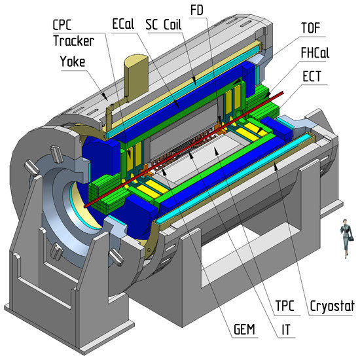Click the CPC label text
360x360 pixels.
click(62, 25)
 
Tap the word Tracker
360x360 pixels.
click(74, 41)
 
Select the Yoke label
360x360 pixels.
click(73, 62)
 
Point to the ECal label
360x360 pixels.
click(123, 24)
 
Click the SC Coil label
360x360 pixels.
click(164, 25)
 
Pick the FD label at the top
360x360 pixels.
click(197, 10)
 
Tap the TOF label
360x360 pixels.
click(311, 27)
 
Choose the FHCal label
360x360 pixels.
click(315, 52)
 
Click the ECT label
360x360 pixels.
click(312, 76)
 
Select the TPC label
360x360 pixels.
click(285, 306)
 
